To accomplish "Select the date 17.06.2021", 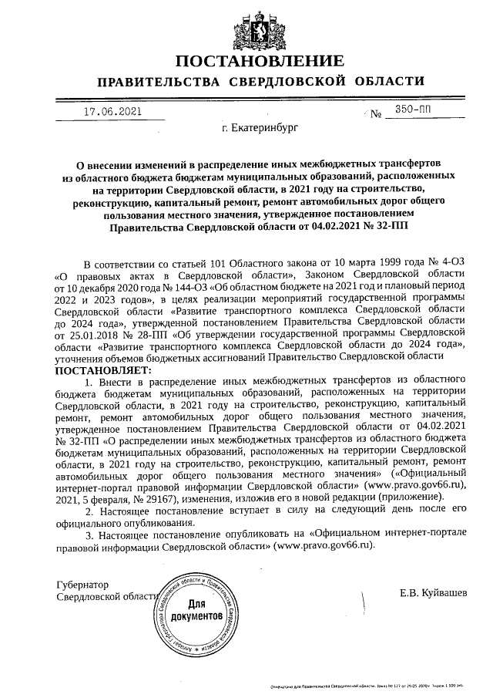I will [112, 111].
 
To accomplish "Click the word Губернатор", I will [83, 585].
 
